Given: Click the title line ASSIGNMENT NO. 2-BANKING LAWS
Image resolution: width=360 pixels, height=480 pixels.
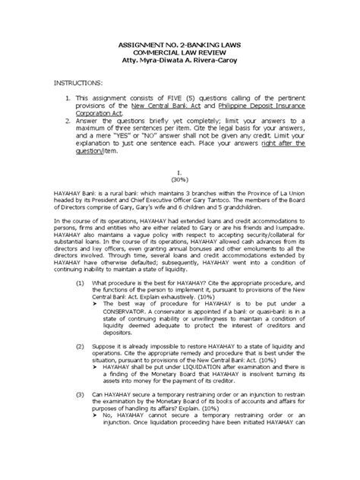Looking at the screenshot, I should [179, 45].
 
